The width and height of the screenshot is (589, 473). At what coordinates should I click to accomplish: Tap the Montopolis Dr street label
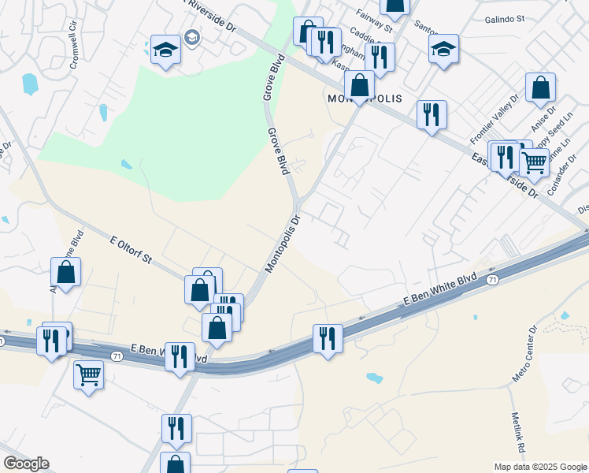pyautogui.click(x=283, y=244)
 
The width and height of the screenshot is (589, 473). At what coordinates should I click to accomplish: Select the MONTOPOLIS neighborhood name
pyautogui.click(x=365, y=99)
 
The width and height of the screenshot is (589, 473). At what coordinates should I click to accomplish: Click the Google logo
pyautogui.click(x=26, y=464)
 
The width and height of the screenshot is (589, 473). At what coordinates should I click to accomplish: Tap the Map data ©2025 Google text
pyautogui.click(x=540, y=467)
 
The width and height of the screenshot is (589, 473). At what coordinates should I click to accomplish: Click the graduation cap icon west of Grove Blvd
pyautogui.click(x=166, y=51)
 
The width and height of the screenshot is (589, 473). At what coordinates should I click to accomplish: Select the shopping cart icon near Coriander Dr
pyautogui.click(x=535, y=162)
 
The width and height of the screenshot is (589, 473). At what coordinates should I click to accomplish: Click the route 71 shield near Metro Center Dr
pyautogui.click(x=492, y=280)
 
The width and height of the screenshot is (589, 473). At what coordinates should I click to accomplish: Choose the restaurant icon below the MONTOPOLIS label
pyautogui.click(x=432, y=114)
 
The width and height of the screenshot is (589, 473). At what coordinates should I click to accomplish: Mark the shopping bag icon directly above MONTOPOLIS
pyautogui.click(x=359, y=84)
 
